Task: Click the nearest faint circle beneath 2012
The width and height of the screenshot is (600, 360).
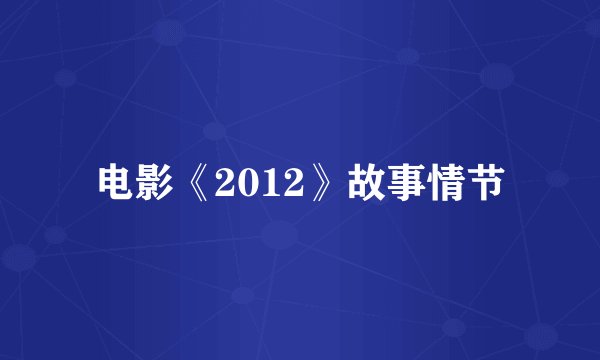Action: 279,235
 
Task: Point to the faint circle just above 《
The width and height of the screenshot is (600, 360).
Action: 214,131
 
